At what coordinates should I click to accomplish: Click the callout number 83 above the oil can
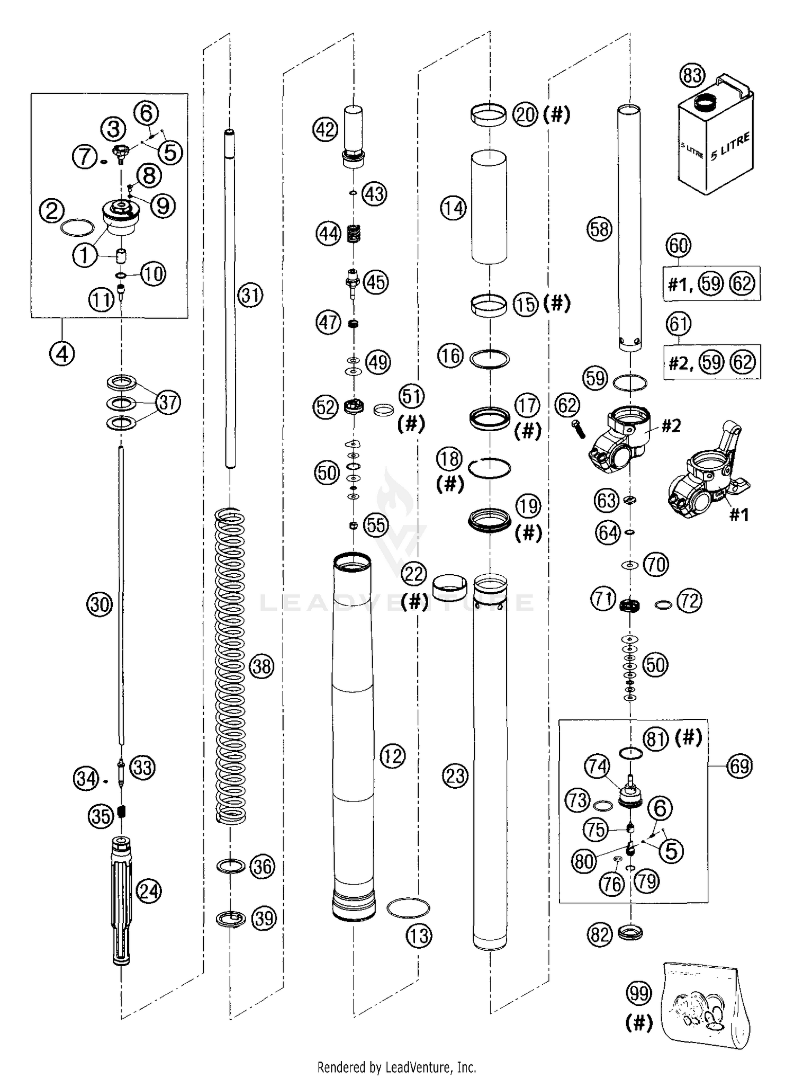pyautogui.click(x=692, y=75)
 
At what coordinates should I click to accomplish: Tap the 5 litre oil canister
pyautogui.click(x=716, y=136)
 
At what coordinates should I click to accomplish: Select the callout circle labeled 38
pyautogui.click(x=261, y=666)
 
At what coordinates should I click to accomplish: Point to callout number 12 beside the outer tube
pyautogui.click(x=392, y=756)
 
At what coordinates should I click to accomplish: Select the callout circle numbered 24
pyautogui.click(x=148, y=892)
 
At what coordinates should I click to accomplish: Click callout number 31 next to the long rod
pyautogui.click(x=250, y=295)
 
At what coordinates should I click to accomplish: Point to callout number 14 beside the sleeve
pyautogui.click(x=453, y=208)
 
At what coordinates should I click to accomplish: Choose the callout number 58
pyautogui.click(x=599, y=229)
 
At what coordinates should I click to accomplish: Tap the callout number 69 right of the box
pyautogui.click(x=739, y=766)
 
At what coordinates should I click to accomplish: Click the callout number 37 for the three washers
pyautogui.click(x=168, y=402)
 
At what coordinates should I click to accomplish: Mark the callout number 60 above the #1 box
pyautogui.click(x=679, y=245)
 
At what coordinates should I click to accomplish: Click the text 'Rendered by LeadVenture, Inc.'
pyautogui.click(x=397, y=1066)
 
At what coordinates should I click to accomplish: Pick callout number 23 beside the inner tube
pyautogui.click(x=455, y=776)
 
